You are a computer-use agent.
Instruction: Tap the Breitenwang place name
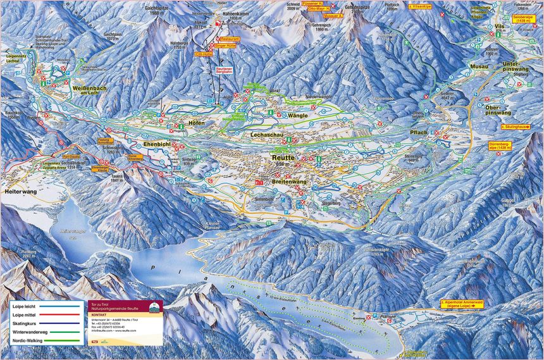point(282,180)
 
